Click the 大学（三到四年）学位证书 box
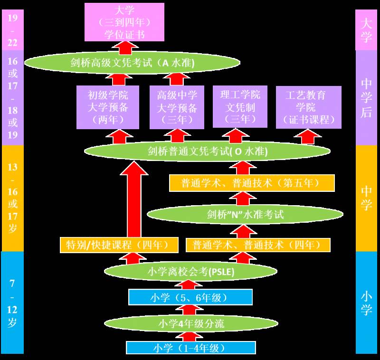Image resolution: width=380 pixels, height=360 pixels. tap(124, 22)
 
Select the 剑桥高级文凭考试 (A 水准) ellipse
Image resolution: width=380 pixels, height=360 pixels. tap(132, 63)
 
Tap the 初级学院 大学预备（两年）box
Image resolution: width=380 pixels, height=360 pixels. tap(108, 107)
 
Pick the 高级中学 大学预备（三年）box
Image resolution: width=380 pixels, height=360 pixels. tap(177, 107)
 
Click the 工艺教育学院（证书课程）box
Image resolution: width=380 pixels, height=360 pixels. tap(308, 107)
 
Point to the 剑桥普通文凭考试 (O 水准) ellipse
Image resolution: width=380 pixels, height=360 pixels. tap(207, 152)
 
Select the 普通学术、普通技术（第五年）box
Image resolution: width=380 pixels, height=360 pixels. tap(252, 183)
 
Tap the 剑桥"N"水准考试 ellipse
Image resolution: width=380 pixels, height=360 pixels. tap(245, 214)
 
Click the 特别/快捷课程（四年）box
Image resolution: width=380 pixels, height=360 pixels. tap(119, 245)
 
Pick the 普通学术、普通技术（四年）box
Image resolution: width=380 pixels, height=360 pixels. tap(258, 245)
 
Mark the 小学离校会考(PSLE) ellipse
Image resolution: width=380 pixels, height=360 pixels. tap(190, 272)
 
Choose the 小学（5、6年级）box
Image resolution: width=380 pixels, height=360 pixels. tap(190, 298)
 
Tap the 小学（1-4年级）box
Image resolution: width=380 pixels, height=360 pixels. tap(190, 348)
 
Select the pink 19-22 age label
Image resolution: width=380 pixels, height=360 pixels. tap(13, 29)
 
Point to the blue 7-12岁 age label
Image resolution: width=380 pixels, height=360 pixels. tap(13, 303)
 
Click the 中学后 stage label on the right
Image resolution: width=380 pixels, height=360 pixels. tap(366, 97)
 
